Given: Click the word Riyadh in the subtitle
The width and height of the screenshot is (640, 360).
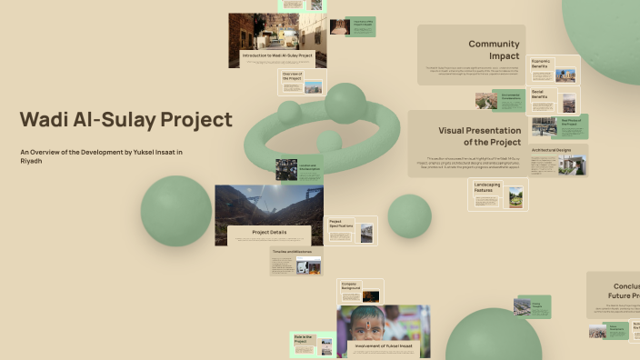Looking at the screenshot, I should point(32,161).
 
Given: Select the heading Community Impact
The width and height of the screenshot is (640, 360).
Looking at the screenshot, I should point(494,49).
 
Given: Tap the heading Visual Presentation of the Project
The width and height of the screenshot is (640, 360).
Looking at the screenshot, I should point(479,136).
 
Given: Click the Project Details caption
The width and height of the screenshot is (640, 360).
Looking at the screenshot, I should point(269,233).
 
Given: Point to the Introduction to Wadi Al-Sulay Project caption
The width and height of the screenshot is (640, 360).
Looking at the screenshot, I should point(277,55).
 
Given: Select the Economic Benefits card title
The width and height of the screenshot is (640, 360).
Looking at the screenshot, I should point(540,64).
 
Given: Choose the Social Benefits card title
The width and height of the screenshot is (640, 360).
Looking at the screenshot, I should point(539,93).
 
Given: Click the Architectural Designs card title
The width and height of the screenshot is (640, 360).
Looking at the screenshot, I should point(551,149).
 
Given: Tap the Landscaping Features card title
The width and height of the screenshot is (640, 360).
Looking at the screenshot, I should point(487,186).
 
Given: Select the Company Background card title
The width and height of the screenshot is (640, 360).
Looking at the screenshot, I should point(351,285).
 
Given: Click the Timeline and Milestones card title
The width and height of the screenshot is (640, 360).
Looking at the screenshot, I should point(294,251).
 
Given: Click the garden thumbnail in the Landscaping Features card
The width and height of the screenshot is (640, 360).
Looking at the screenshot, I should point(515,195).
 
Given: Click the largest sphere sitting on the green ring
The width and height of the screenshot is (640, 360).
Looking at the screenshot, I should point(345,103).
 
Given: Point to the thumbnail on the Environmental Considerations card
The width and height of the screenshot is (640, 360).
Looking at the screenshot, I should point(485,100).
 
